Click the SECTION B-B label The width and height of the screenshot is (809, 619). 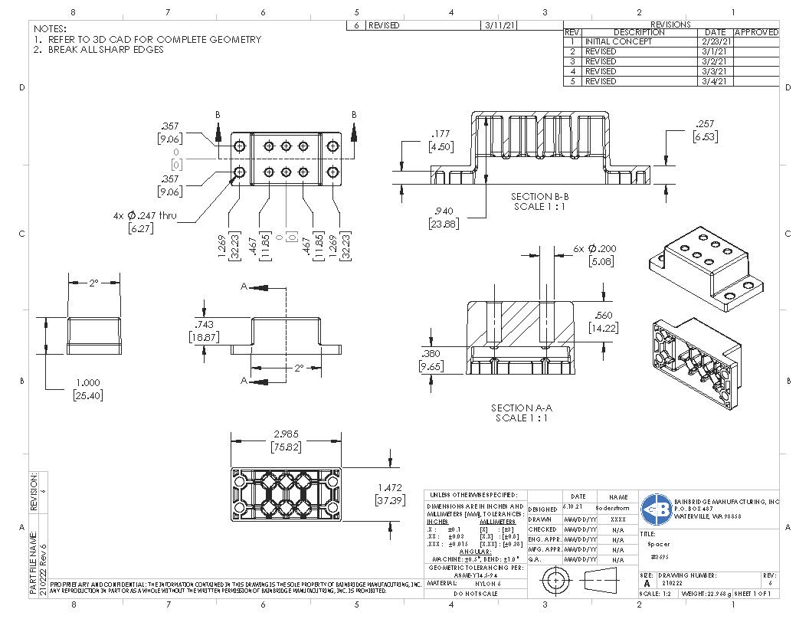[x=542, y=197]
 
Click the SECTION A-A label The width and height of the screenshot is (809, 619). [x=521, y=408]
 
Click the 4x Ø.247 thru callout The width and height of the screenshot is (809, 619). [x=146, y=216]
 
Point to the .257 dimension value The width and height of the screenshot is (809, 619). [x=705, y=124]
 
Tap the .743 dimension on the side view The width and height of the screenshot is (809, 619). [x=205, y=325]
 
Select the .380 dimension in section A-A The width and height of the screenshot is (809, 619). [x=430, y=354]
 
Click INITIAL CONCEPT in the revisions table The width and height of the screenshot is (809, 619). [x=618, y=41]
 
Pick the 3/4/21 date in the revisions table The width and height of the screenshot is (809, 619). [x=716, y=81]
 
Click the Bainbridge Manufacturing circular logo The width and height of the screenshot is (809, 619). [x=657, y=508]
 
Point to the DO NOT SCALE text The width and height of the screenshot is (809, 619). [x=476, y=594]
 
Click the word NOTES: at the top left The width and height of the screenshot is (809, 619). [x=50, y=28]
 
